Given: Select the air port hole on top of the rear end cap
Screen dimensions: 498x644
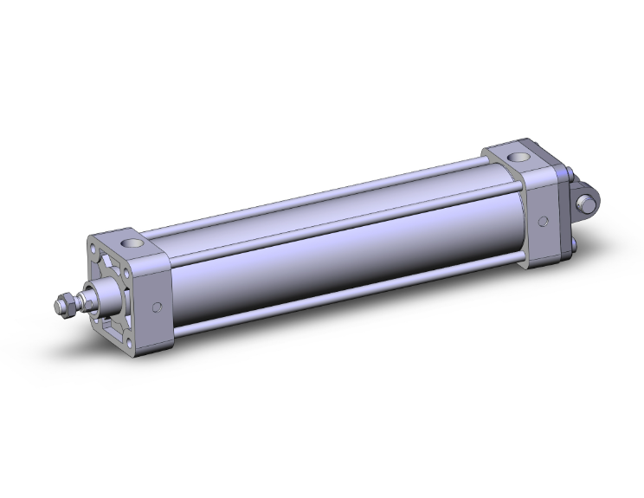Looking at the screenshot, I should tap(519, 158).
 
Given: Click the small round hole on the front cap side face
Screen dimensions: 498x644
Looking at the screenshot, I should tap(157, 306).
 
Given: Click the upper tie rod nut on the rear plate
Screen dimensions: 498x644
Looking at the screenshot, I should tap(563, 178).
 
